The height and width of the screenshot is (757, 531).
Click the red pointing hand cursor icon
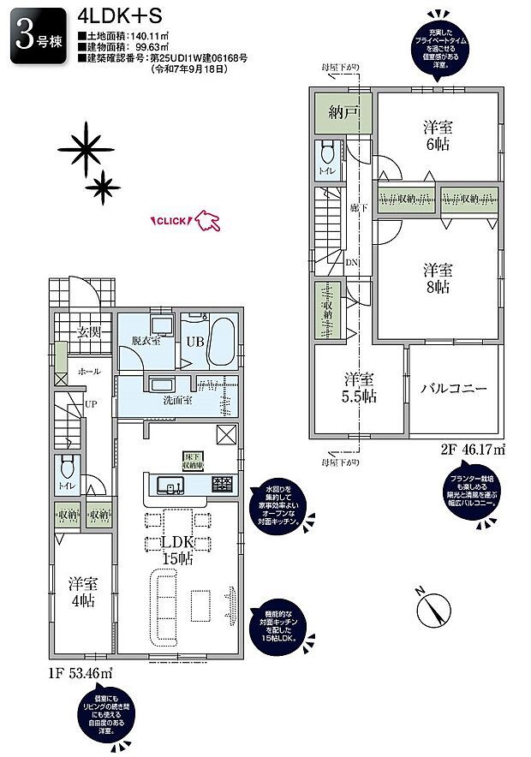[x=207, y=222]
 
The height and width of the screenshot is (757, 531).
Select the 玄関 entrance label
[x=79, y=332]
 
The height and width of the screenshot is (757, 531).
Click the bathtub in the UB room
[x=222, y=341]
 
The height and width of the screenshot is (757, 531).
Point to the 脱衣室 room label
[x=146, y=340]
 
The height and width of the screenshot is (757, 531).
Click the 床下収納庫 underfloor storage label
[x=192, y=462]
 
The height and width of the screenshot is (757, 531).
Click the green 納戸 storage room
[x=343, y=111]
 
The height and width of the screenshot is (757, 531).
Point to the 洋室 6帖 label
[x=438, y=135]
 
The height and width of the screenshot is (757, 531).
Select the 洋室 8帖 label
[x=438, y=277]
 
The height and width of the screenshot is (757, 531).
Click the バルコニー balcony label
[x=453, y=388]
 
